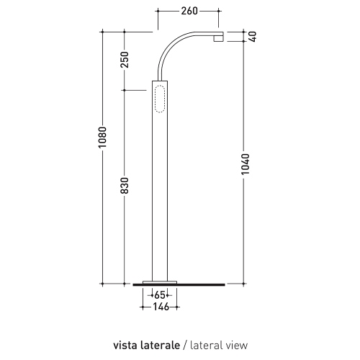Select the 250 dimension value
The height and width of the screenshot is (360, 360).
point(125,60)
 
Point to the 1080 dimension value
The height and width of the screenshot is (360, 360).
point(103,137)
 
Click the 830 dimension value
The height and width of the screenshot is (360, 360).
point(125,186)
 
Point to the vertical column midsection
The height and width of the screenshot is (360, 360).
point(159,194)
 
